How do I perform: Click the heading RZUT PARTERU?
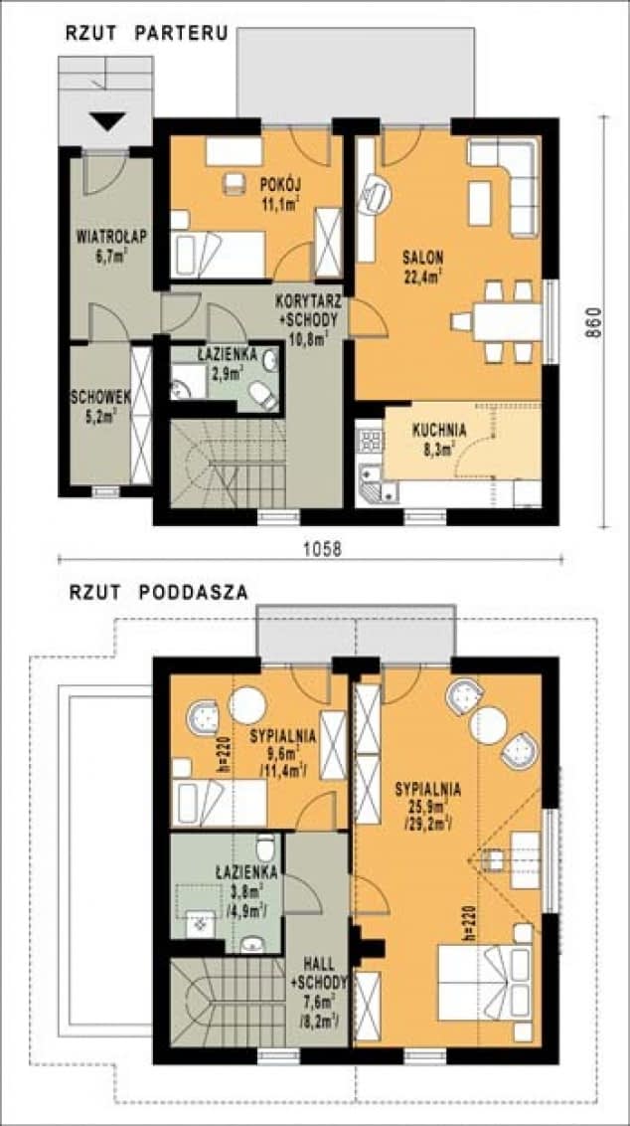[x=147, y=33]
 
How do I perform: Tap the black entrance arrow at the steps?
[x=108, y=122]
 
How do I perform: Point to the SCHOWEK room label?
[x=95, y=405]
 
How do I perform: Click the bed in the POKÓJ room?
[x=218, y=255]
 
